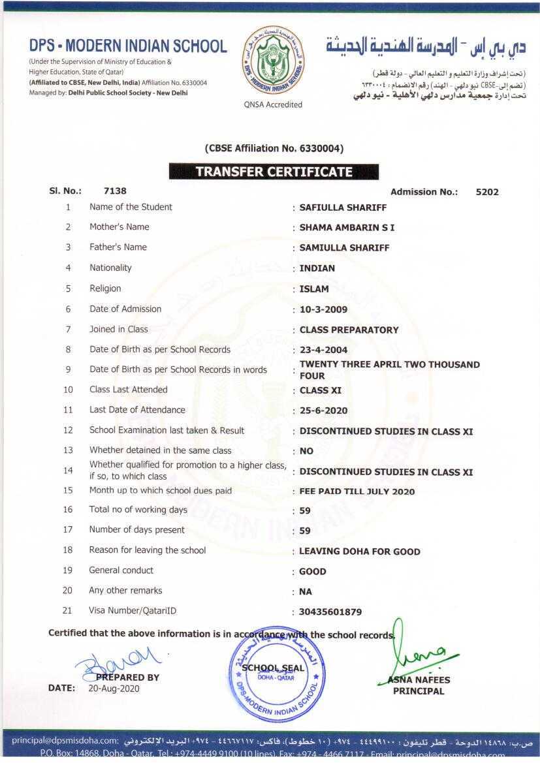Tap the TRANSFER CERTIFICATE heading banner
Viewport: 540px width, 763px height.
point(274,172)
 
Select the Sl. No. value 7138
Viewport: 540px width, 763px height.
point(115,191)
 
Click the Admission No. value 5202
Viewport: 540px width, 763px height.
point(487,192)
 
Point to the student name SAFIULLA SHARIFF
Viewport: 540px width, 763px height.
point(343,208)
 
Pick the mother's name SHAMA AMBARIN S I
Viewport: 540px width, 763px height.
point(347,227)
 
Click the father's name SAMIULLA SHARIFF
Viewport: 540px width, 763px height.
point(344,247)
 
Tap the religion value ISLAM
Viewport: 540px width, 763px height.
point(314,288)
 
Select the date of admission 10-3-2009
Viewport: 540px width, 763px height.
point(323,309)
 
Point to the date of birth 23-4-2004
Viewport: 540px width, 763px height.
point(323,350)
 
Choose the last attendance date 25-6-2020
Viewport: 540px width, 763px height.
point(323,411)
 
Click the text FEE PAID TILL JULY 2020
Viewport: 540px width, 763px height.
point(357,491)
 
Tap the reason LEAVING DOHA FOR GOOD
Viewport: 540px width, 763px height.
point(360,552)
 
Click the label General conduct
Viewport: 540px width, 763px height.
point(121,570)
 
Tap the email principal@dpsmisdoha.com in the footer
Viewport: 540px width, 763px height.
point(65,741)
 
